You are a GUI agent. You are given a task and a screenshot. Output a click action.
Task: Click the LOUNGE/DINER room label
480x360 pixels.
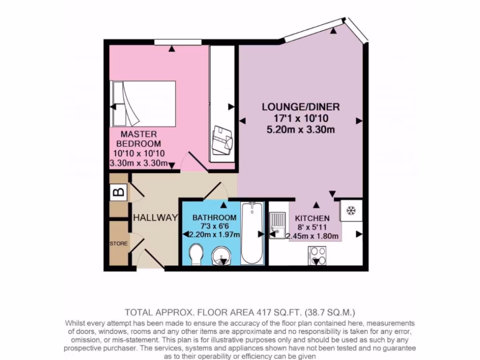300,106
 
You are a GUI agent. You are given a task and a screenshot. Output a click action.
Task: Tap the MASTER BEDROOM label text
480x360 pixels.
138,139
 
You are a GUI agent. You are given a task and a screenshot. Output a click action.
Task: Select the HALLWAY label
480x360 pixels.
155,218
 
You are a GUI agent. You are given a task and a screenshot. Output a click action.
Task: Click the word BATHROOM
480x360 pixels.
214,218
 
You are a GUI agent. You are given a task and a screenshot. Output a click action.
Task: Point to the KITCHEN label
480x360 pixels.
312,218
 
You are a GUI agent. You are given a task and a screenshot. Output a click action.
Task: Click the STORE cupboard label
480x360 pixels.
118,244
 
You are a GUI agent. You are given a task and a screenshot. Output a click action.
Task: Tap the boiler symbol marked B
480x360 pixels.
119,192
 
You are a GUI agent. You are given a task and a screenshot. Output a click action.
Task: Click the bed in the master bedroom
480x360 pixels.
143,104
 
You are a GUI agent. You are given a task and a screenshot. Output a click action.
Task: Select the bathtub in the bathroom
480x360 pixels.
252,233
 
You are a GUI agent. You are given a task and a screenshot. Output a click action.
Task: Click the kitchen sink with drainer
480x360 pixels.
277,225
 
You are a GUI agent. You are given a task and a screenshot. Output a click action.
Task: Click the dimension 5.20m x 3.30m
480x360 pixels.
300,130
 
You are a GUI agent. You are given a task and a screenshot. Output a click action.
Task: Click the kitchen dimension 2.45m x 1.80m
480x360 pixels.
312,236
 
